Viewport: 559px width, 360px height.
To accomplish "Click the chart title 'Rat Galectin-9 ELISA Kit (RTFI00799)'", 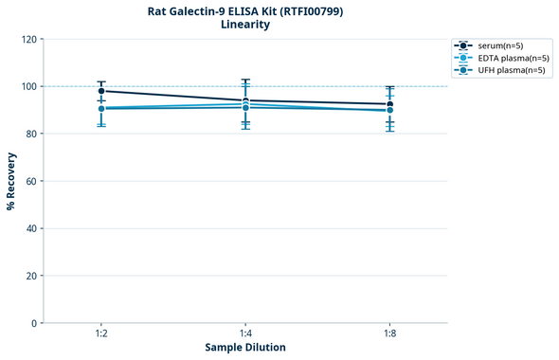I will click(x=244, y=11).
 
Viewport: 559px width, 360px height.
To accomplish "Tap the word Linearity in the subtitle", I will click(x=244, y=25).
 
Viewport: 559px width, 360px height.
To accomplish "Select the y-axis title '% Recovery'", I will click(x=11, y=181).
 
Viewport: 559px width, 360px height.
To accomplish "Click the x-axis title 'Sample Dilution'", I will click(x=245, y=348).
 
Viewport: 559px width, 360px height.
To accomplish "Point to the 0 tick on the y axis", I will click(x=34, y=323).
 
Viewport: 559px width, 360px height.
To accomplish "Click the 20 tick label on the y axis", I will click(x=31, y=276).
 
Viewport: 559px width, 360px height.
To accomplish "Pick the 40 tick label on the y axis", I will click(x=31, y=228).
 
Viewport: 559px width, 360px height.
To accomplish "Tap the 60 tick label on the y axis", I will click(x=31, y=181).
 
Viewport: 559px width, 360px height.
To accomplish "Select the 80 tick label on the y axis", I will click(x=31, y=134).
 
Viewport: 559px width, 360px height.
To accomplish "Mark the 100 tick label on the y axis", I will click(x=28, y=86).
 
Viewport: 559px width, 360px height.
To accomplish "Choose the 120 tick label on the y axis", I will click(x=28, y=39).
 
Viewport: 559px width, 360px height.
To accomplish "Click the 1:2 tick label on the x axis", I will click(x=101, y=333).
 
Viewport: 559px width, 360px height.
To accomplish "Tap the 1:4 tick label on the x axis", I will click(x=245, y=333).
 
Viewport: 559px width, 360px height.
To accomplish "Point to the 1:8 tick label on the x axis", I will click(x=389, y=333).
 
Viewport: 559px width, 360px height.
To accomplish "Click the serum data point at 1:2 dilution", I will click(x=101, y=91).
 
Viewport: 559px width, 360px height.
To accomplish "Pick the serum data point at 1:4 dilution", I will click(x=245, y=100).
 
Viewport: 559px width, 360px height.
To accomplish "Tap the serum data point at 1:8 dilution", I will click(x=389, y=104).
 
